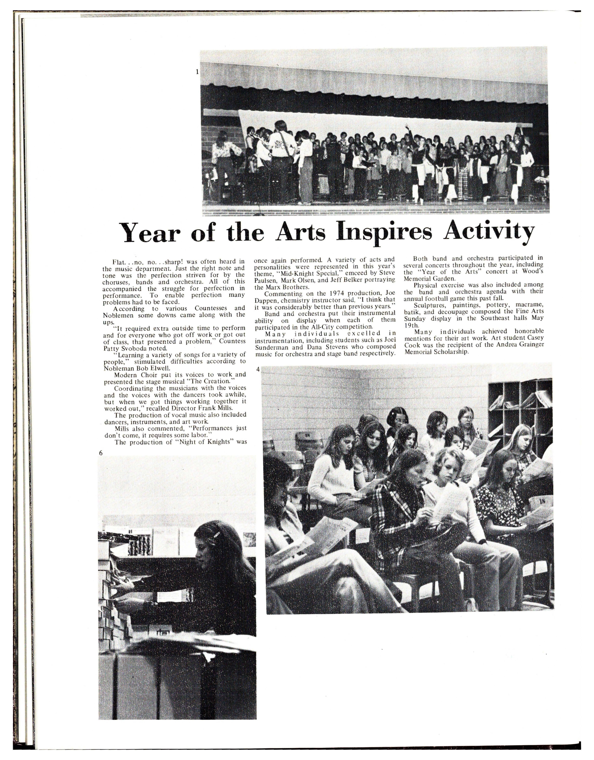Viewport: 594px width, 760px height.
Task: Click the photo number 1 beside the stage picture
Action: click(197, 72)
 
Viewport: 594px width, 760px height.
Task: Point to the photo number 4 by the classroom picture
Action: click(258, 369)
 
